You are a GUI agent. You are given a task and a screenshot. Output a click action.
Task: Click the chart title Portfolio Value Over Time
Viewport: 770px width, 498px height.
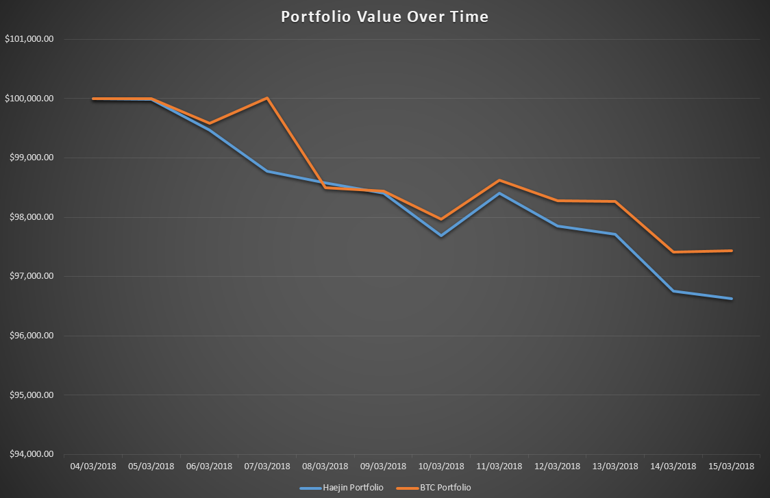tap(385, 17)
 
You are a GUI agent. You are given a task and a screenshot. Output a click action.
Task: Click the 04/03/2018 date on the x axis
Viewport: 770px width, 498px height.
tap(93, 466)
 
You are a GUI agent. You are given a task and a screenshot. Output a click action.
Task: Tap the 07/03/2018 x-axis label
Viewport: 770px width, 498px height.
tap(267, 466)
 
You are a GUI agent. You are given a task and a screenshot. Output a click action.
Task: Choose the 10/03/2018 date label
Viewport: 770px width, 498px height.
tap(441, 466)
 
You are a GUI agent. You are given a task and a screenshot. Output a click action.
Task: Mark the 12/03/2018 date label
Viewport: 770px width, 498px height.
tap(557, 466)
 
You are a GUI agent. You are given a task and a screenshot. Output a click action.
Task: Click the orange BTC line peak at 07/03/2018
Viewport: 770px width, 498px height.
tap(267, 98)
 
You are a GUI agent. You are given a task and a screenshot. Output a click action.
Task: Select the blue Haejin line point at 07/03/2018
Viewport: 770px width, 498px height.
tap(267, 171)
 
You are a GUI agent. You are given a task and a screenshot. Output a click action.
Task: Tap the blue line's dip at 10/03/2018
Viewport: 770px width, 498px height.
tap(441, 236)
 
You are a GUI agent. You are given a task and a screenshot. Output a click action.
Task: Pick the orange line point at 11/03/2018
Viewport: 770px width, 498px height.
tap(499, 180)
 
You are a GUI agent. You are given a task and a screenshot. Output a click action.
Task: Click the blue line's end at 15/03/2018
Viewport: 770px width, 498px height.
tap(731, 299)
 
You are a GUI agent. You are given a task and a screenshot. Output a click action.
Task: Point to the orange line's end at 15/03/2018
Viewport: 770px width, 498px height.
tap(731, 251)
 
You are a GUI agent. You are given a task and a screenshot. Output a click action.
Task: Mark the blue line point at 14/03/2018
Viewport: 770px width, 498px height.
tap(673, 291)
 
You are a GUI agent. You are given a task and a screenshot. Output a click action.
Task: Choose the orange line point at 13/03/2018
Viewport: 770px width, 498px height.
tap(615, 201)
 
